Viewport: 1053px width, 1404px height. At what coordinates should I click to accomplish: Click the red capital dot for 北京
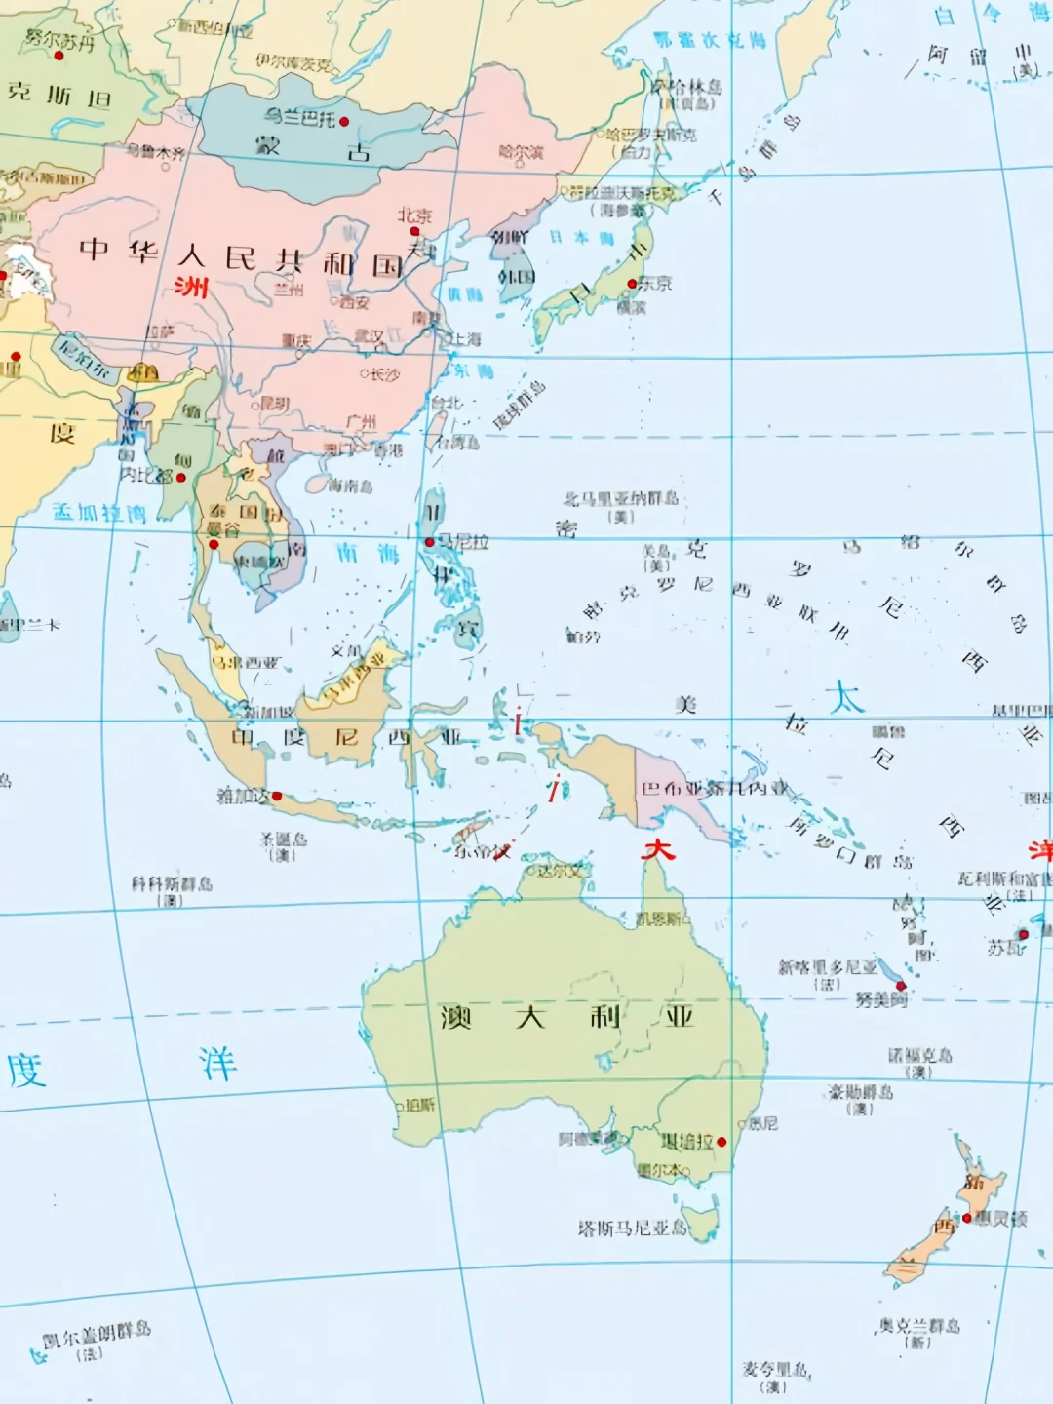pos(414,231)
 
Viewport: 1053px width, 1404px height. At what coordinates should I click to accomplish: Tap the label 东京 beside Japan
pos(655,283)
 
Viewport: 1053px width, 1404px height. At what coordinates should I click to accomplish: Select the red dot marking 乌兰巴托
pos(344,122)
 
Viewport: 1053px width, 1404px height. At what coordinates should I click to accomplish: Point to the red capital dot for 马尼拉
pos(429,542)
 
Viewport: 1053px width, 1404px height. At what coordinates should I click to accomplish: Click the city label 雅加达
pos(243,796)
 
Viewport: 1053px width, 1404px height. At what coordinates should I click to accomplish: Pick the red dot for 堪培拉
pos(721,1142)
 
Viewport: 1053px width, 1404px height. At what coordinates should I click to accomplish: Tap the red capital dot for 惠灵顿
pos(967,1218)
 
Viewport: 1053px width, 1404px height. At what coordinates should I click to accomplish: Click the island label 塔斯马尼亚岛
pos(632,1228)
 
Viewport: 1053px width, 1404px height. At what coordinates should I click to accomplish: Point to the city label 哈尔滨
pos(521,152)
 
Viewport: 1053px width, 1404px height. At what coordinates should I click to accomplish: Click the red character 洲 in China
pos(191,287)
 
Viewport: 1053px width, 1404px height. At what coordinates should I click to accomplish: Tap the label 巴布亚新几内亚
pos(714,788)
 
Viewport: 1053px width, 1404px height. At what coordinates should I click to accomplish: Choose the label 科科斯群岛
pos(172,883)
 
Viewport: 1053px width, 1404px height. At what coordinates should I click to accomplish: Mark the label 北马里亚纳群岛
pos(621,499)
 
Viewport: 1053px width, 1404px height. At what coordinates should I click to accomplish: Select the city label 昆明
pos(274,403)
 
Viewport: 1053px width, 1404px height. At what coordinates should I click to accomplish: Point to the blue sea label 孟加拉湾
pos(98,512)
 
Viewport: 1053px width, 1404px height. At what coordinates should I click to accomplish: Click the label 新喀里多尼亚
pos(827,966)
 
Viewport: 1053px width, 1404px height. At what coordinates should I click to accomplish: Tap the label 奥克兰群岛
pos(919,1325)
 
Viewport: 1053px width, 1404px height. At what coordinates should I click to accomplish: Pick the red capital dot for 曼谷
pos(214,544)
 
